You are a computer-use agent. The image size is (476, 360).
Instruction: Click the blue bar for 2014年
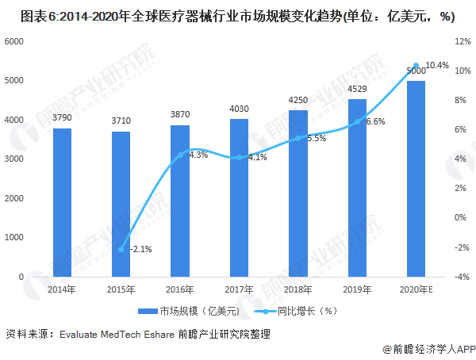[62, 202]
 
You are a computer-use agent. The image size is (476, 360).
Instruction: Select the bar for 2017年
[239, 197]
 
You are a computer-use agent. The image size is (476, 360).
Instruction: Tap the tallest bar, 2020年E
[416, 178]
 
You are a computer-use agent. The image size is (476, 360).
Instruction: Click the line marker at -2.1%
[121, 249]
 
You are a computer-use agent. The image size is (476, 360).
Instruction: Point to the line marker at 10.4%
[416, 66]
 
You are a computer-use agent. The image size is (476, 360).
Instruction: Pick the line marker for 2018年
[298, 138]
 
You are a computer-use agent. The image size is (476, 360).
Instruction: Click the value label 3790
[62, 118]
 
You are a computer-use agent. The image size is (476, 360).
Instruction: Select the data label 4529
[357, 89]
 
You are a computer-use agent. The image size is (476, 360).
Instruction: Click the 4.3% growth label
[198, 155]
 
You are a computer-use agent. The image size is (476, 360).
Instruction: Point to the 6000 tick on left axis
[15, 40]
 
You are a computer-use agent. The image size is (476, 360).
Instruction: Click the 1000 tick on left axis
[15, 237]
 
